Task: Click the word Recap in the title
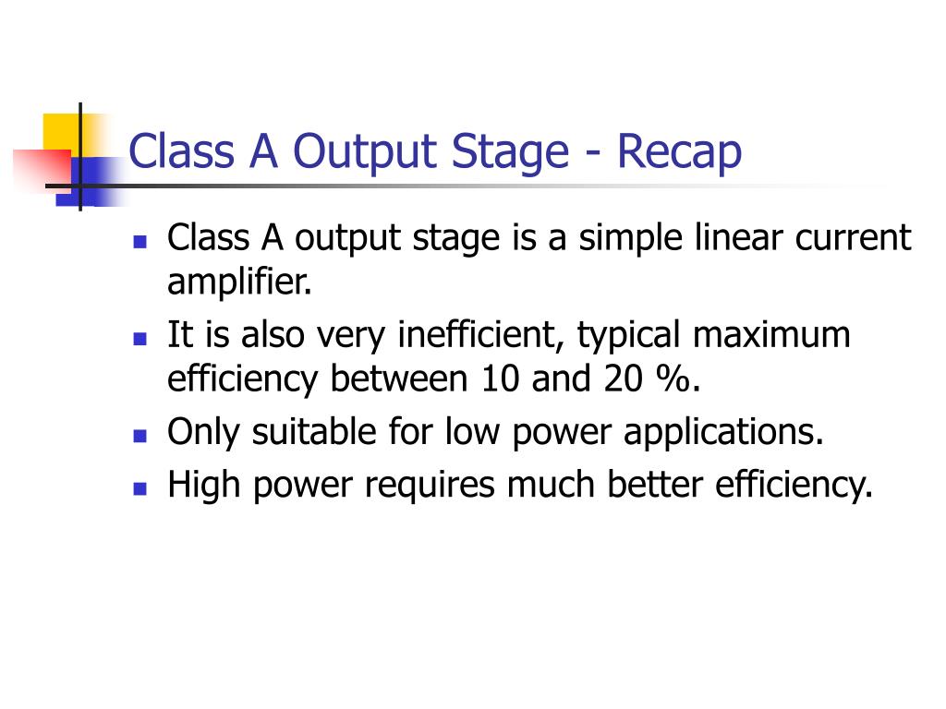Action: point(679,152)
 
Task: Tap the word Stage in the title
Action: point(510,152)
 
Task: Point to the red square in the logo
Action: point(42,171)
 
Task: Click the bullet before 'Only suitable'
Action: point(140,436)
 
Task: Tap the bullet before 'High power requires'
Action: point(140,488)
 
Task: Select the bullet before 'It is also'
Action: point(140,339)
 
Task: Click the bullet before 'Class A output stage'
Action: point(140,242)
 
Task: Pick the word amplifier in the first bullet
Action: point(239,282)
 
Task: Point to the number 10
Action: point(500,379)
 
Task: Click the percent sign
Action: point(673,379)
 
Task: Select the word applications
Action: point(723,433)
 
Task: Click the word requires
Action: point(430,486)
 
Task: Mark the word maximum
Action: point(771,335)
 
